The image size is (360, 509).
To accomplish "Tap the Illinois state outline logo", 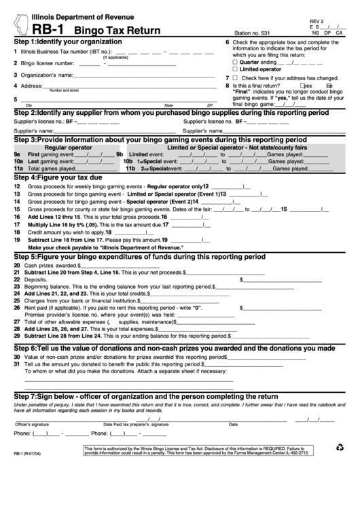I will point(12,22).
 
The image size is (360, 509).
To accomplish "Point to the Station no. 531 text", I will point(251,32).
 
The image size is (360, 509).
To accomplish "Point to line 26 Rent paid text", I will point(102,308).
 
